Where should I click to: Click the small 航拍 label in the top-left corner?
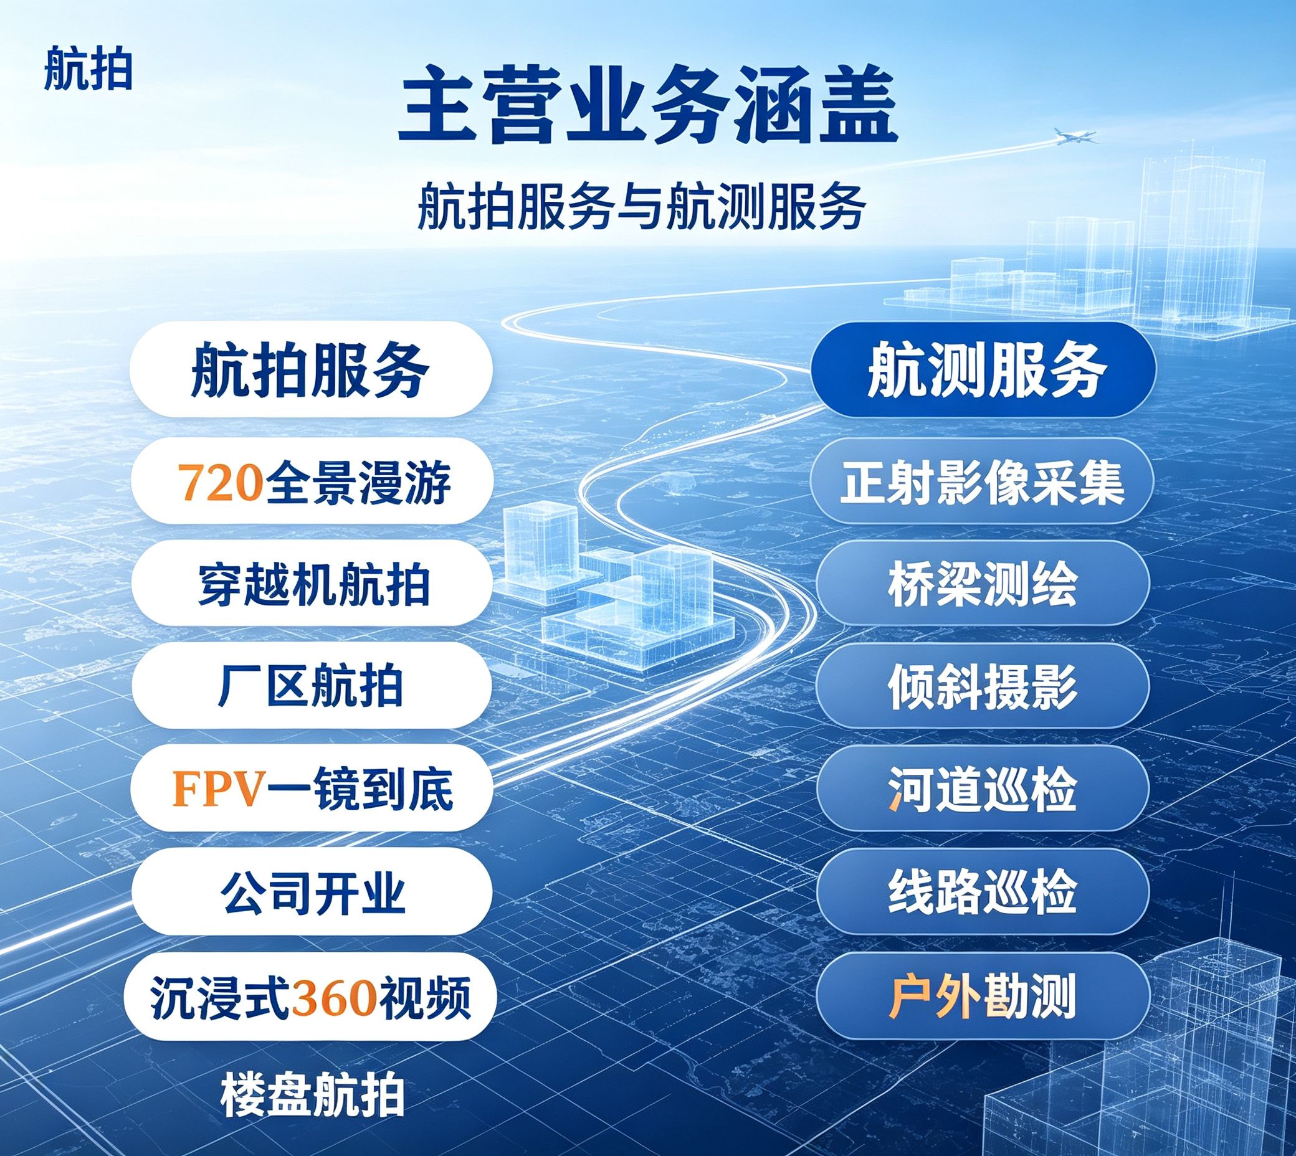point(88,72)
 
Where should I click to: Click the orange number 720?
point(220,483)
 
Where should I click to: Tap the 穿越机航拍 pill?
point(312,584)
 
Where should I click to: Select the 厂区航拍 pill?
point(312,686)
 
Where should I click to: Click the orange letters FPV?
point(218,789)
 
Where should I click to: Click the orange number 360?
point(333,995)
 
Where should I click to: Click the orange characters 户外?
point(933,995)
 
